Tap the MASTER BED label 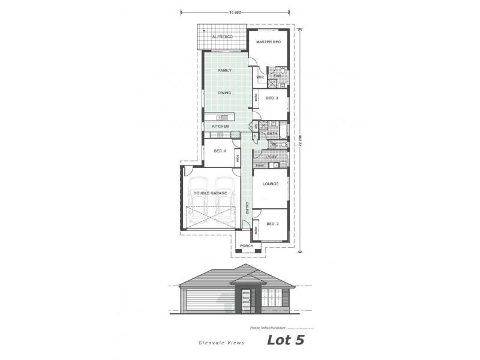(268, 42)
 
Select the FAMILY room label (225, 71)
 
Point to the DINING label (225, 93)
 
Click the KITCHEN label (220, 127)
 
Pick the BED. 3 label (272, 98)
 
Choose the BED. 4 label (220, 151)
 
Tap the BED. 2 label (272, 224)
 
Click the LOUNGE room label (270, 184)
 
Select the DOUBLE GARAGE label (210, 193)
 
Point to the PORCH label (247, 246)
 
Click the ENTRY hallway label (247, 207)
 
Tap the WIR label (260, 77)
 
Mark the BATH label (272, 133)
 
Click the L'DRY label (271, 157)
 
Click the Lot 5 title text (286, 341)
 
